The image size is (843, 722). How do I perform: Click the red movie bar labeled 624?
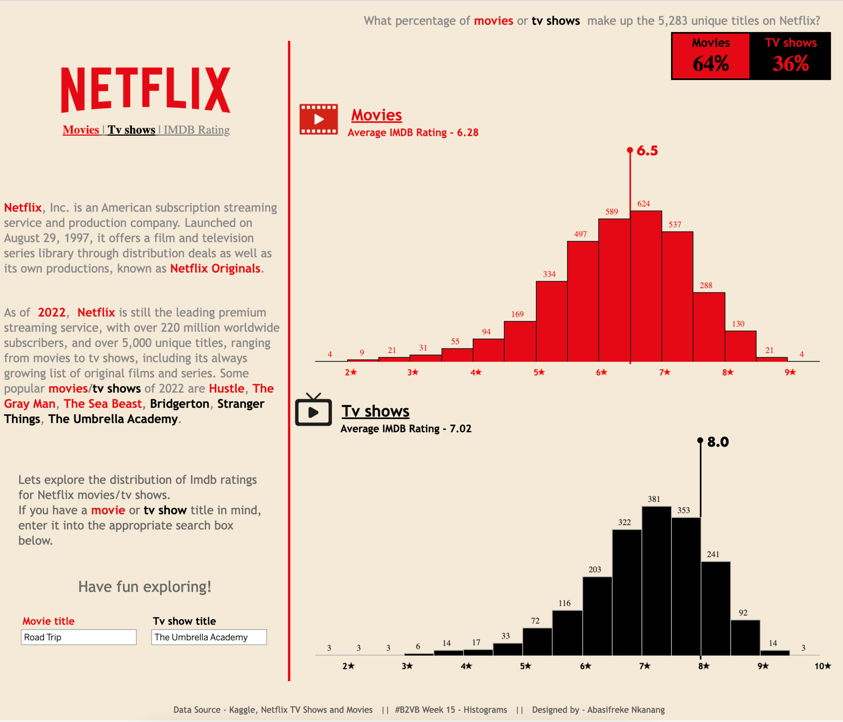point(646,287)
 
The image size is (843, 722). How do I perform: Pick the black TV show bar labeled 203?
point(597,616)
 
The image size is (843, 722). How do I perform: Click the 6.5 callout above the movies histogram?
point(647,151)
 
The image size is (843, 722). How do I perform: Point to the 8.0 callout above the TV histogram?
point(717,442)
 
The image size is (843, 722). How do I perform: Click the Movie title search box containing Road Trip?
point(78,637)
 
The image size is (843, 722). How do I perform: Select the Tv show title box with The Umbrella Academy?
point(209,637)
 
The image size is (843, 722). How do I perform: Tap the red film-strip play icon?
point(319,119)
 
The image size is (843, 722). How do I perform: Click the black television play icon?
point(314,411)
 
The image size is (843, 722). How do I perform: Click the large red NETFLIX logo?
point(146,90)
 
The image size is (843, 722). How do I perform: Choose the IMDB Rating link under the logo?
point(196,130)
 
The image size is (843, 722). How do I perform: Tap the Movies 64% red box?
point(711,56)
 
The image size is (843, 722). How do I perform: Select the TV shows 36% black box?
point(790,56)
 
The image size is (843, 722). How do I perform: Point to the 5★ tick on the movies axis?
point(539,372)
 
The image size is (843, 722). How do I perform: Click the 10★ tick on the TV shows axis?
point(822,666)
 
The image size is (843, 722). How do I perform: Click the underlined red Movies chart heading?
point(376,115)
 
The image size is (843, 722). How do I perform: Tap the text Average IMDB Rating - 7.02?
point(406,429)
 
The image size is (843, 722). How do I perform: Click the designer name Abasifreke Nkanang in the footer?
point(626,710)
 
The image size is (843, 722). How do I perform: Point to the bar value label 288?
point(706,286)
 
